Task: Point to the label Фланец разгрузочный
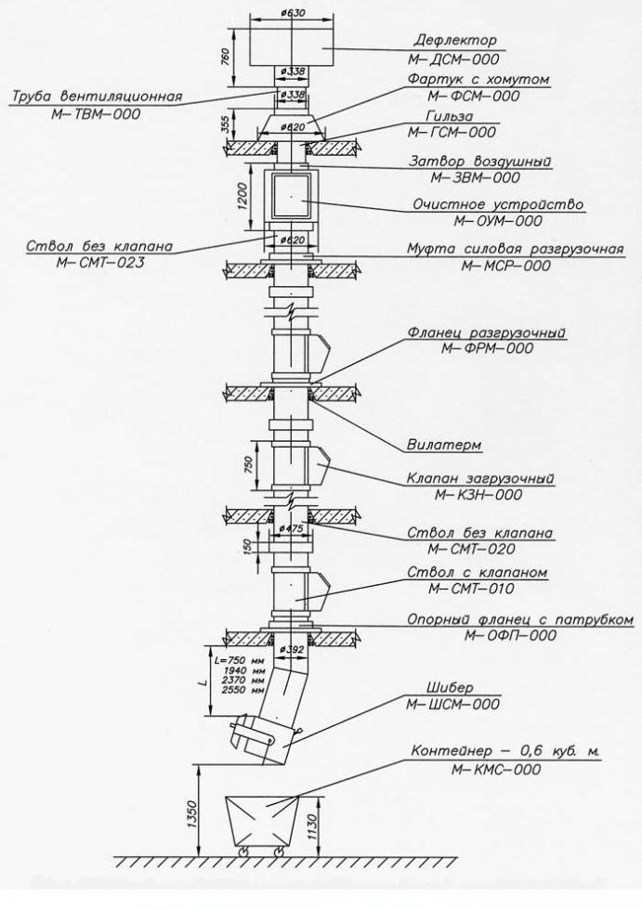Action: (487, 332)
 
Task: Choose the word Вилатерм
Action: (444, 445)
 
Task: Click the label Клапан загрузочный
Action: (480, 478)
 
